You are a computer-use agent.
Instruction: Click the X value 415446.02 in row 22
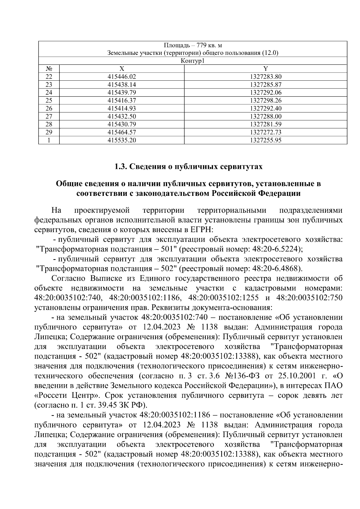coord(121,77)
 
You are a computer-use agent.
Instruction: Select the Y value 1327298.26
coord(265,100)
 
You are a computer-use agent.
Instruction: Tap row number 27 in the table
coord(49,116)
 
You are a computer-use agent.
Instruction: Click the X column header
coord(121,69)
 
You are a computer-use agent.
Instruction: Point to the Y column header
coord(265,69)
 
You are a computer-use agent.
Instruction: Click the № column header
coord(49,69)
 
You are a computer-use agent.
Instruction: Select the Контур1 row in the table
coord(193,61)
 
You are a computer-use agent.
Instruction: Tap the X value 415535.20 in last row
coord(121,140)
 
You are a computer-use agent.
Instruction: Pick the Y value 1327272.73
coord(265,132)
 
